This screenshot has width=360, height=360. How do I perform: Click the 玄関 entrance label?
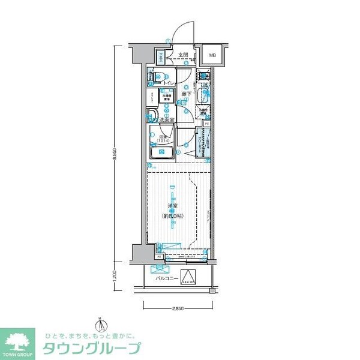(182, 55)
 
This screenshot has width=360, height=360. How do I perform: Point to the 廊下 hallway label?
(187, 94)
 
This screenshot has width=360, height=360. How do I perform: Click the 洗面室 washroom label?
(166, 120)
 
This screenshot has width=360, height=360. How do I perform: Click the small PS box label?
(207, 123)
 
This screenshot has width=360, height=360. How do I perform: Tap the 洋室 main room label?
(173, 208)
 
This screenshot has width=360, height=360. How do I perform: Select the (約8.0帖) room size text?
(173, 215)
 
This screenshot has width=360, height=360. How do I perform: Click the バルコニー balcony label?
(166, 278)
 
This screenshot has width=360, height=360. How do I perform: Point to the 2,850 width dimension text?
(178, 308)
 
